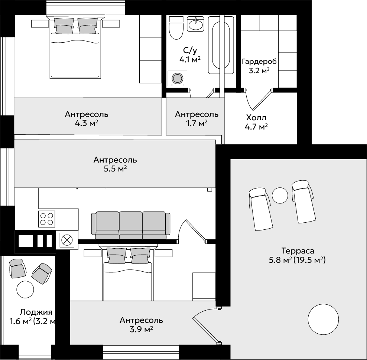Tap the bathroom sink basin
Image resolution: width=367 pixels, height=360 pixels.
click(195, 24)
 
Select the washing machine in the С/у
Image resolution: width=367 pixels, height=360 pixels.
click(178, 78)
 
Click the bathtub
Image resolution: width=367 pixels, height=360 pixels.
click(221, 45)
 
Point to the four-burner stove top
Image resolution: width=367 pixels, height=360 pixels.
click(46, 219)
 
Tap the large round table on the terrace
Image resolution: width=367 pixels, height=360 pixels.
click(323, 319)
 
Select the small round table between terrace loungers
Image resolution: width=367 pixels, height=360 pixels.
click(280, 196)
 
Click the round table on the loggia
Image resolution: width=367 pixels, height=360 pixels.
click(25, 289)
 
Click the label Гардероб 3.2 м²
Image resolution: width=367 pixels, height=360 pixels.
click(259, 66)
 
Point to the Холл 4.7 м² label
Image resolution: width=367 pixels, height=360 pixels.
click(256, 122)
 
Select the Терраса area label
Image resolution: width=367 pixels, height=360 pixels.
click(297, 255)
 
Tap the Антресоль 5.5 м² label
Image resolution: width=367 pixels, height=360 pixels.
click(115, 164)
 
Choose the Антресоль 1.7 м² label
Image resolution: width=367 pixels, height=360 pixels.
click(197, 119)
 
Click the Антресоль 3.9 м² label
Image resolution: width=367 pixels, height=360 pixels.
click(141, 325)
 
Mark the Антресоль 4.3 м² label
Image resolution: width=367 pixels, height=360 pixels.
click(87, 119)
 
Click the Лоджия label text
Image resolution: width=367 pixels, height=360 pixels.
click(36, 312)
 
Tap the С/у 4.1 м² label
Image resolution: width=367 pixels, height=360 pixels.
click(190, 55)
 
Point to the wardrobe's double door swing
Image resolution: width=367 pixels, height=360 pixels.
click(258, 99)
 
